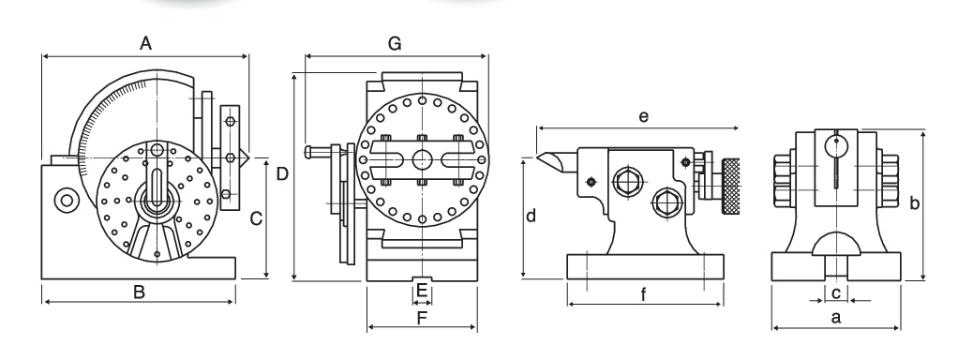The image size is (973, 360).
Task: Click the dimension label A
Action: (x=145, y=43)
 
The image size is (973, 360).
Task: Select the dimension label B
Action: (x=139, y=292)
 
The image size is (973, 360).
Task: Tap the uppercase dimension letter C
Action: (x=256, y=218)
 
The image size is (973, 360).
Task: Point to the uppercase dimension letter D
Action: (x=282, y=174)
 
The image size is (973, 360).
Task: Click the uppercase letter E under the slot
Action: (x=422, y=290)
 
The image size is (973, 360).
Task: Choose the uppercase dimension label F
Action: (x=422, y=319)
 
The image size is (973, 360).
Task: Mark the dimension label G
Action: (x=395, y=43)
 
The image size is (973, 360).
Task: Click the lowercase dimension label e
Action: (x=643, y=116)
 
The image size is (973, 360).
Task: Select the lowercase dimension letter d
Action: (x=531, y=216)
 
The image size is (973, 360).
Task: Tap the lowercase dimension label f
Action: (x=643, y=294)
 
